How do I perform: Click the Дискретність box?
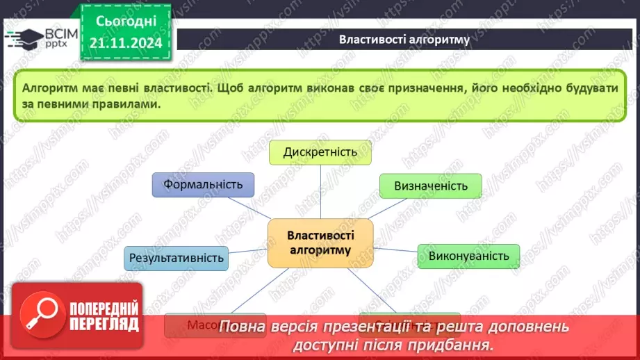tap(320, 152)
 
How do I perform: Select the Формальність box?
tap(203, 185)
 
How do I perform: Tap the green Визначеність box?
tap(430, 186)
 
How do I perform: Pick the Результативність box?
tap(177, 258)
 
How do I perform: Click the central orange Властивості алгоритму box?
tap(320, 243)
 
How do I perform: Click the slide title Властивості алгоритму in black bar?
tap(404, 39)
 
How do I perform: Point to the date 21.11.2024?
tap(125, 44)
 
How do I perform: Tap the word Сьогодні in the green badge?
tap(126, 21)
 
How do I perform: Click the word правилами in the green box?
tap(131, 104)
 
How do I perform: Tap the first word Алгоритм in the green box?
tap(47, 89)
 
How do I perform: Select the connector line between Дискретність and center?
tap(320, 191)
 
